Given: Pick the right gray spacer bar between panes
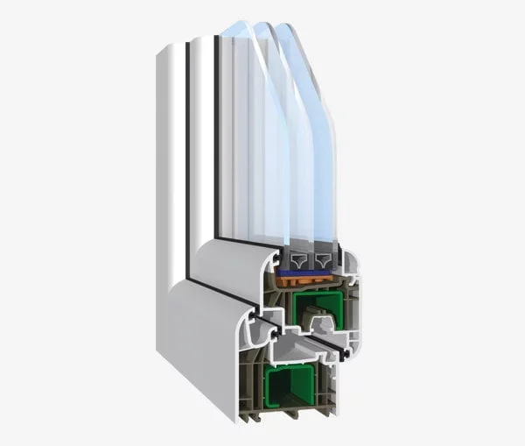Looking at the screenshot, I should [325, 260].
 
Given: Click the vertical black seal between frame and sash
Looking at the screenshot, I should [186, 149].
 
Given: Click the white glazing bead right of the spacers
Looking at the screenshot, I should [348, 267].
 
